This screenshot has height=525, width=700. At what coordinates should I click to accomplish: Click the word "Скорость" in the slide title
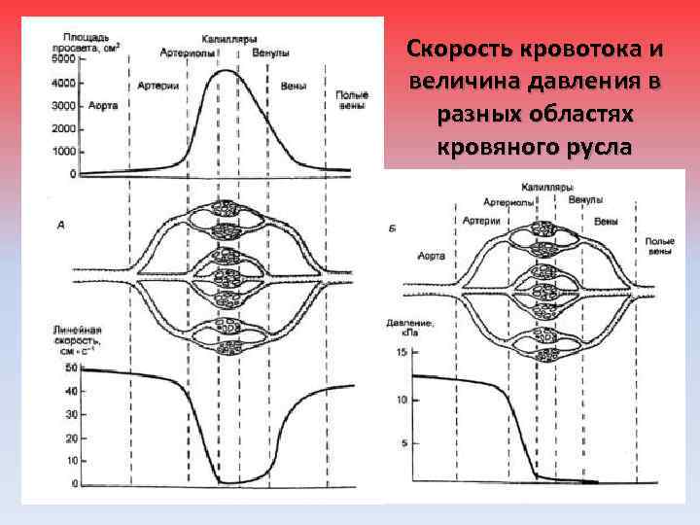click(451, 49)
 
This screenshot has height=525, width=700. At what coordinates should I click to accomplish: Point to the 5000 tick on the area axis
click(64, 59)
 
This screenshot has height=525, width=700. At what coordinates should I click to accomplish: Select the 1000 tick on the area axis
click(64, 152)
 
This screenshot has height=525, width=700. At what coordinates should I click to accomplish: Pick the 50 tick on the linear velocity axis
click(70, 368)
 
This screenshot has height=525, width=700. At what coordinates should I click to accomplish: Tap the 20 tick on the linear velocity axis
click(70, 437)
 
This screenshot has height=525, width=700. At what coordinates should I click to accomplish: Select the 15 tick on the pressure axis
click(402, 352)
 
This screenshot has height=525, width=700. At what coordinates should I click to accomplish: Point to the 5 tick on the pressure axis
click(403, 443)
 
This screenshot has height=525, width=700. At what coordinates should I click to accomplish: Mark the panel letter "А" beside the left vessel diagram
click(61, 226)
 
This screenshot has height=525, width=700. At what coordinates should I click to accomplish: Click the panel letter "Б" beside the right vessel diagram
click(392, 227)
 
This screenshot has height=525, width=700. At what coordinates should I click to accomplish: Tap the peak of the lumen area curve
click(226, 70)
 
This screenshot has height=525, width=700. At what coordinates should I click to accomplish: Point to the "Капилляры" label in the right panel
click(546, 186)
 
